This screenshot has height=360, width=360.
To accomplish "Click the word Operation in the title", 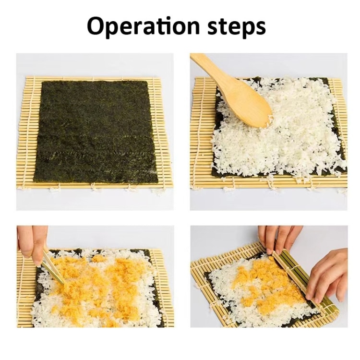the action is pos(143,26).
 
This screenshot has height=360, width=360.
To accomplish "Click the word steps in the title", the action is pos(237,26).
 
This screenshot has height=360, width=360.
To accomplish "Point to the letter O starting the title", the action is pos(96,26).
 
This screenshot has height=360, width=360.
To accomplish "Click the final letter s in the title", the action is pos(260,27).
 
